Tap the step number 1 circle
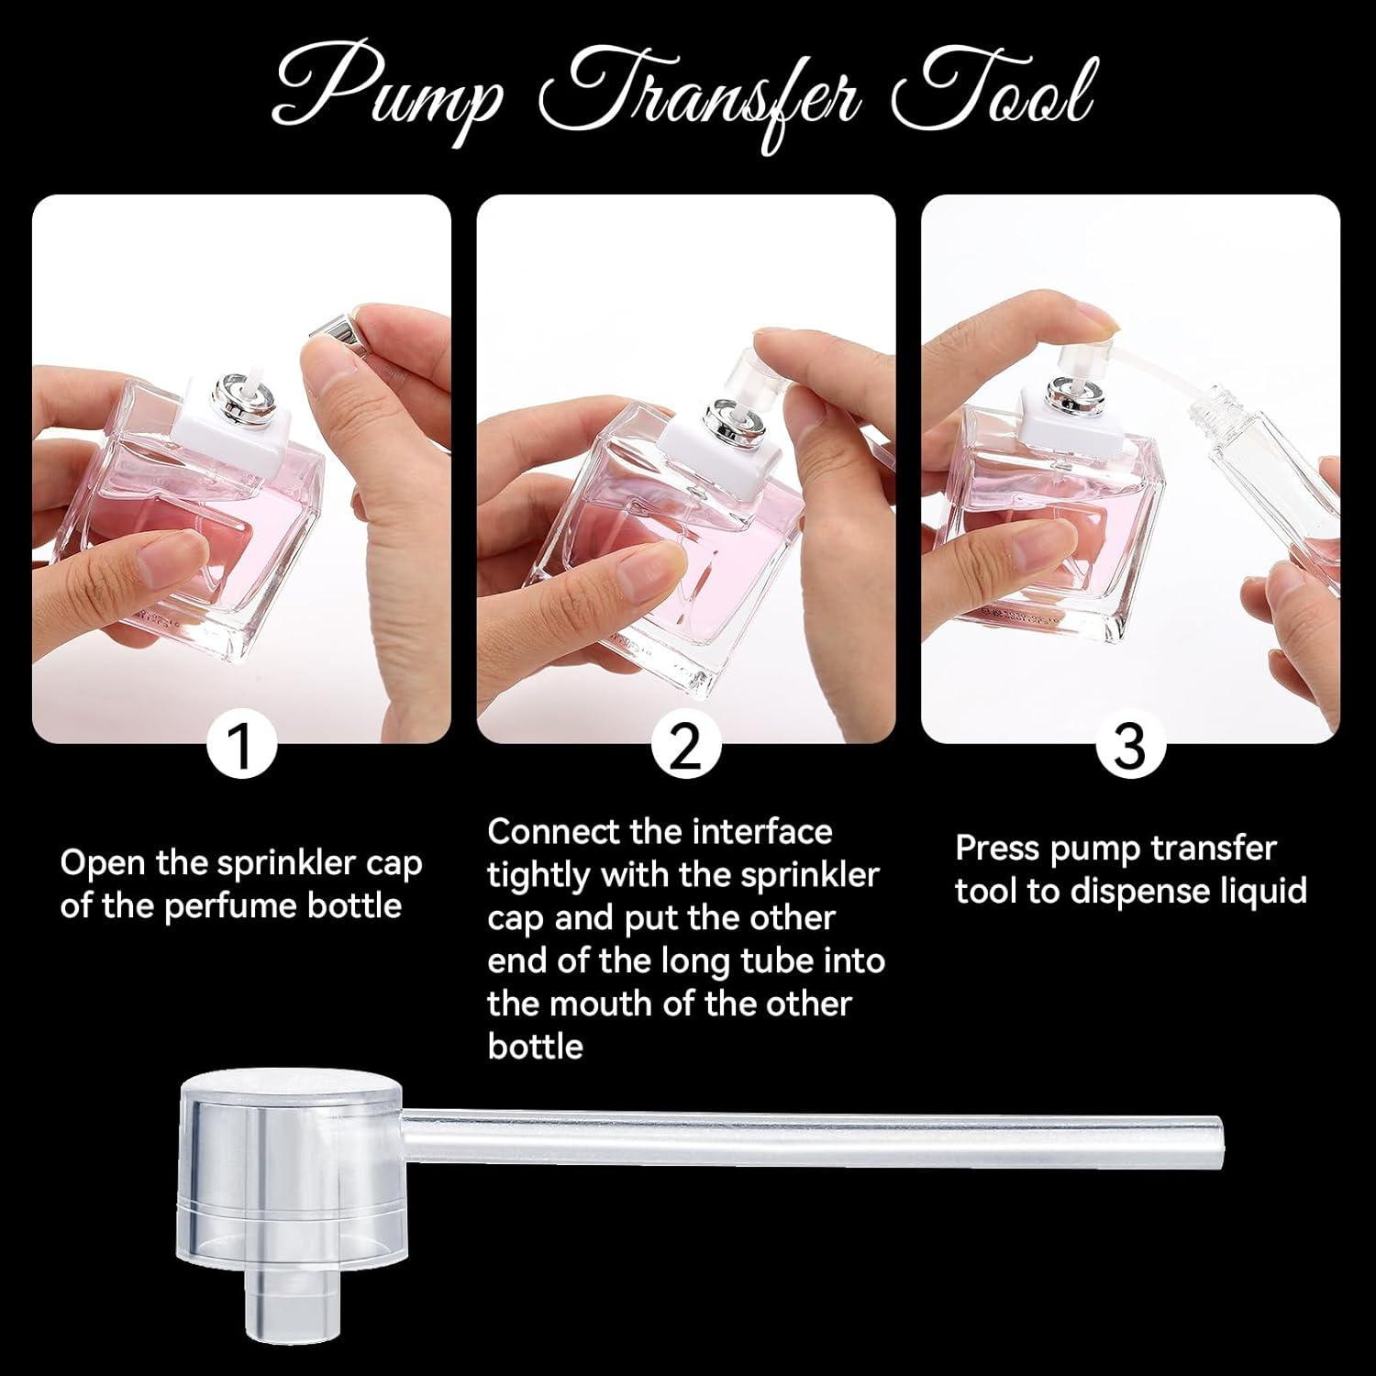tap(241, 747)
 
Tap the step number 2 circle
tap(686, 747)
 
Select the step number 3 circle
tap(1130, 747)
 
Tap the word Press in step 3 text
tap(997, 849)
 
